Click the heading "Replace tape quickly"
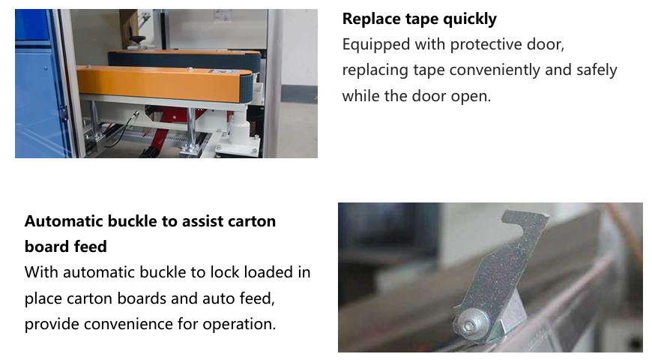point(419,19)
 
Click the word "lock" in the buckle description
point(225,272)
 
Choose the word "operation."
point(239,325)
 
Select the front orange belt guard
point(164,84)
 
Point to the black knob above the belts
point(138,40)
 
